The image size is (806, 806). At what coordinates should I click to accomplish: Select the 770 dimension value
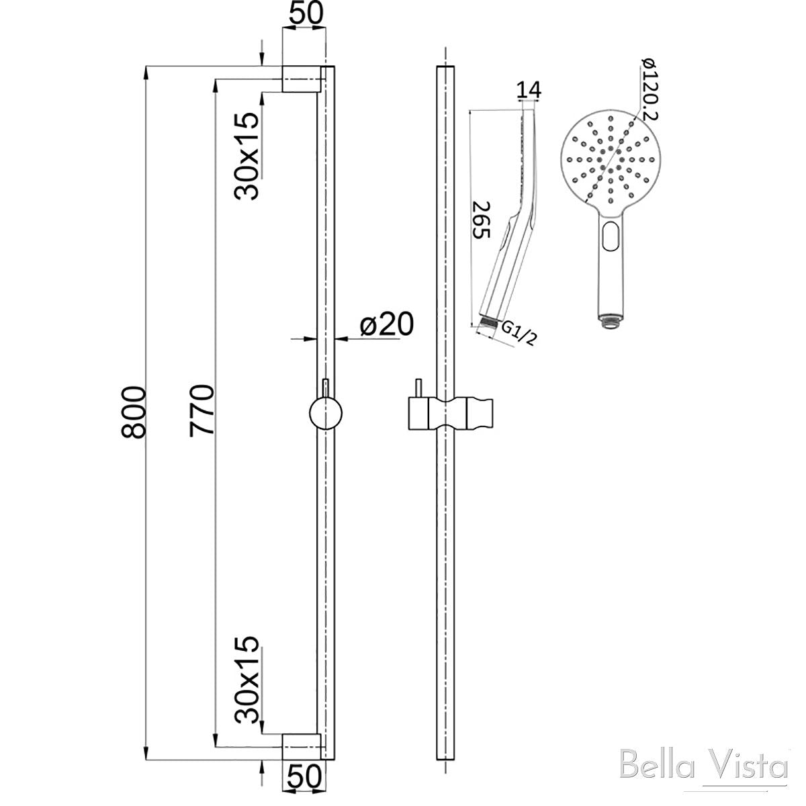pyautogui.click(x=201, y=410)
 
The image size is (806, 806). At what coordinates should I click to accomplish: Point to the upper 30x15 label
pyautogui.click(x=247, y=156)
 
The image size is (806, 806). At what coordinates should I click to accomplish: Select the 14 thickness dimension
pyautogui.click(x=529, y=89)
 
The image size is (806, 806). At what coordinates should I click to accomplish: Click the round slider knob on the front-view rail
pyautogui.click(x=326, y=412)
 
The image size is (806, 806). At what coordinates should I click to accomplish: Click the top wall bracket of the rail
pyautogui.click(x=300, y=79)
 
